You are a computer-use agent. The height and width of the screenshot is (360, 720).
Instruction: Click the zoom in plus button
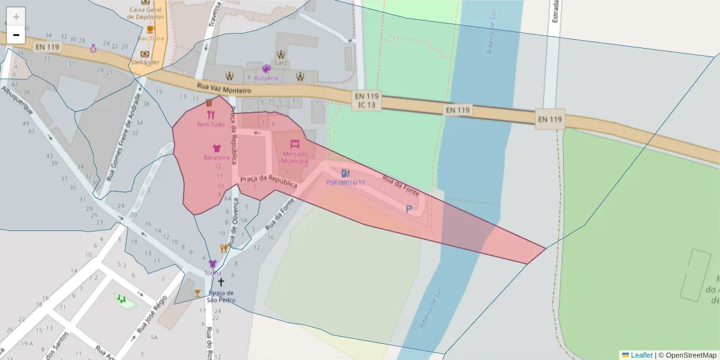coord(16,17)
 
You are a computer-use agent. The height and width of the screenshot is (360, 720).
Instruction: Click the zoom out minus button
coord(16,35)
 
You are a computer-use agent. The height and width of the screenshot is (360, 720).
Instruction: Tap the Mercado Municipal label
coord(295,157)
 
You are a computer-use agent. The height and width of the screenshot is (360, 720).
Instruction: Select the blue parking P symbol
coord(409,209)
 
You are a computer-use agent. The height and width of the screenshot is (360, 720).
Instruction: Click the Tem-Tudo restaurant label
coord(211,125)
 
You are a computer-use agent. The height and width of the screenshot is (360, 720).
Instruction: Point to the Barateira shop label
coord(217,158)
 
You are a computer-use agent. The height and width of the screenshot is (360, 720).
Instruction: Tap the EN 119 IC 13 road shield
coord(367,100)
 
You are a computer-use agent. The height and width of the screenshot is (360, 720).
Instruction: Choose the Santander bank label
coord(145,62)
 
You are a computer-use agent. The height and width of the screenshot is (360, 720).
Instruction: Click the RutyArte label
coord(266,78)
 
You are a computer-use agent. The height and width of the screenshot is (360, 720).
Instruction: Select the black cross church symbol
coord(221,282)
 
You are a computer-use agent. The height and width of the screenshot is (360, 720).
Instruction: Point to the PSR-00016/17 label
coord(345,182)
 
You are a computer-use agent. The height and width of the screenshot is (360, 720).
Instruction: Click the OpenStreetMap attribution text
coord(687,355)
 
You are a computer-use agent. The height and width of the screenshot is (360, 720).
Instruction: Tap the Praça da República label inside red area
coord(268,182)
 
